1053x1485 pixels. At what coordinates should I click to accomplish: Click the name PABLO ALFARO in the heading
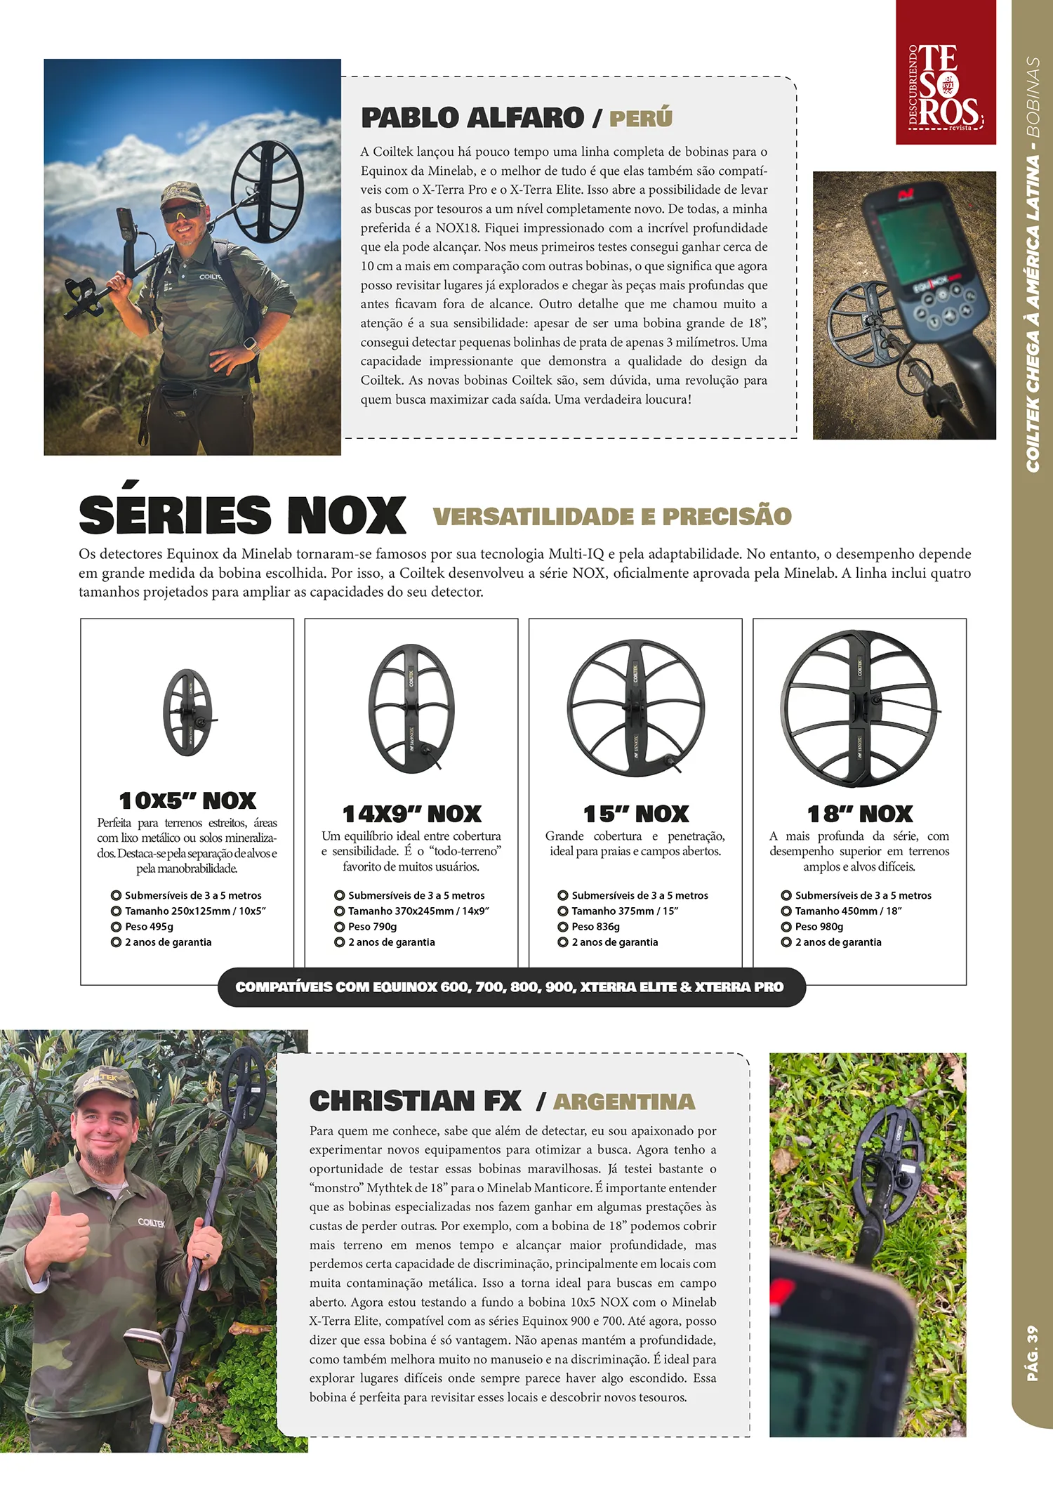tap(472, 118)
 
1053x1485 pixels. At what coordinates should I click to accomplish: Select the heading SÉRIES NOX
tap(242, 515)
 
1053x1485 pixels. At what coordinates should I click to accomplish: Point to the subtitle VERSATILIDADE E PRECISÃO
tap(612, 517)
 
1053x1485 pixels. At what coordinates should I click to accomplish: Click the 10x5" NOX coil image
tap(187, 712)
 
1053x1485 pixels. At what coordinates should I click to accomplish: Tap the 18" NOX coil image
tap(859, 708)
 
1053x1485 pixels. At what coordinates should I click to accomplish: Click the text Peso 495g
tap(149, 927)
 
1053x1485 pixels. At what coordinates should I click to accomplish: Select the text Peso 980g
tap(819, 927)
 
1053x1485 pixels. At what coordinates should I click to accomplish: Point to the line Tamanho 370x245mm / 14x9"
tap(418, 911)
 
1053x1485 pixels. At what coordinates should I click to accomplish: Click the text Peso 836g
tap(595, 927)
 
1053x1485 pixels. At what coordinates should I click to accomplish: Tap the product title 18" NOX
tap(860, 814)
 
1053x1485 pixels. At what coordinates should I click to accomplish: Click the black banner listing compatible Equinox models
tap(510, 987)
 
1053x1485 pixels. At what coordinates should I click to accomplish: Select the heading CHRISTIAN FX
tap(416, 1101)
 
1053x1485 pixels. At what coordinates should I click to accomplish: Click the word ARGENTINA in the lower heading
tap(624, 1102)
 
